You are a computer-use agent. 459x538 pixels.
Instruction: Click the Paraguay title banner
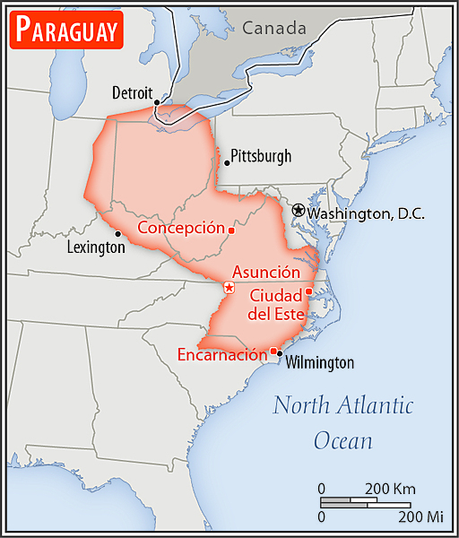[66, 30]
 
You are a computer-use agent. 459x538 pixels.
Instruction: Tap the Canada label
[273, 29]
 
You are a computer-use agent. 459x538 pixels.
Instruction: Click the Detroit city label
[133, 92]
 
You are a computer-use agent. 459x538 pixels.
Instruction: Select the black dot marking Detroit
[157, 102]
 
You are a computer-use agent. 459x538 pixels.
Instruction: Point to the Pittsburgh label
[261, 156]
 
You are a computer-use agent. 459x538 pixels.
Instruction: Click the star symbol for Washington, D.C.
[298, 209]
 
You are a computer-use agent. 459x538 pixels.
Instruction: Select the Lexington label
[97, 247]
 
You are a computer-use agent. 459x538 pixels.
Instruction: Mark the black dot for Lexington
[117, 233]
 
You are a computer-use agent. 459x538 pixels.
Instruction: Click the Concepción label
[180, 228]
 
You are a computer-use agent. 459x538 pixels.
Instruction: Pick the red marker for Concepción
[231, 230]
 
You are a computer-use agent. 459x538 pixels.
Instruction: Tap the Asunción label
[265, 272]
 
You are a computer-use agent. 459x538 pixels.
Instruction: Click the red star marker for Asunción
[229, 288]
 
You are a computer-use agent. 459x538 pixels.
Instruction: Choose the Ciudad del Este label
[276, 305]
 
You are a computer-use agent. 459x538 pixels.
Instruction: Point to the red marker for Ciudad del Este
[308, 291]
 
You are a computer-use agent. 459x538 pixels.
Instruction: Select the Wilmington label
[320, 362]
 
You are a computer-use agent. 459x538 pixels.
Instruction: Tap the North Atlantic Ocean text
[343, 422]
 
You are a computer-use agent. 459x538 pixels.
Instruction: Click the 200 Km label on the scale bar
[391, 490]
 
